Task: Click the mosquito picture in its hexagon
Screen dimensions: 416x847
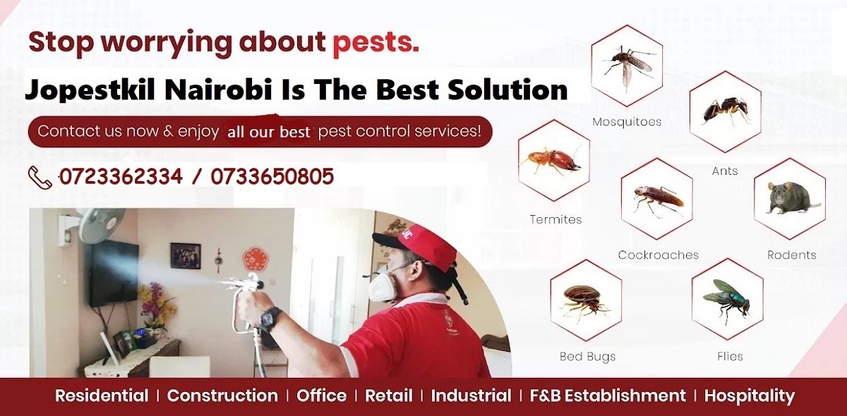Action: (x=627, y=65)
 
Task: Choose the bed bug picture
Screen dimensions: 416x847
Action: (x=586, y=299)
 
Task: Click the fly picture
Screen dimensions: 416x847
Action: (x=727, y=298)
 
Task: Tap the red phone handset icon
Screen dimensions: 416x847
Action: (x=40, y=176)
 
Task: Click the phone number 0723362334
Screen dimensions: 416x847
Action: (x=121, y=176)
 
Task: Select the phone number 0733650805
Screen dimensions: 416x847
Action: (x=272, y=176)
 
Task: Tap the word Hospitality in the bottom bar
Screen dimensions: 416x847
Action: (x=749, y=396)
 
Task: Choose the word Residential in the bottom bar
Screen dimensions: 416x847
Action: (x=102, y=396)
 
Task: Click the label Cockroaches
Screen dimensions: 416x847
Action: (x=658, y=255)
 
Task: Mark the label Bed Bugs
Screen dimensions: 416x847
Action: (x=587, y=357)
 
